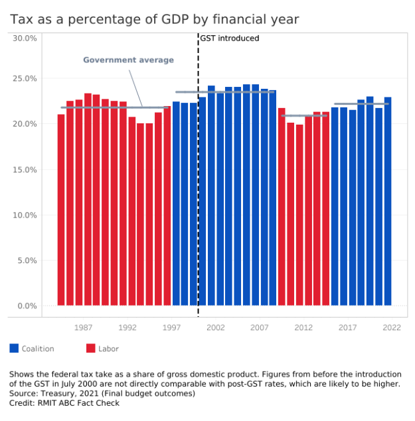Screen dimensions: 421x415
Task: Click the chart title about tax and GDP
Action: pos(154,19)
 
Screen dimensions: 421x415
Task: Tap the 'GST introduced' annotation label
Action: pos(230,38)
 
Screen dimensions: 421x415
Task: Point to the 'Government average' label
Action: pos(128,60)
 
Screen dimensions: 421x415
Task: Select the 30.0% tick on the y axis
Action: pos(25,38)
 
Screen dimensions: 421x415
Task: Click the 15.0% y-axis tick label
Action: pos(25,170)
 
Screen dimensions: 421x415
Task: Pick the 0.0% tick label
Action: pos(27,306)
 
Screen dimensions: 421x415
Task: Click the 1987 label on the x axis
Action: pos(84,328)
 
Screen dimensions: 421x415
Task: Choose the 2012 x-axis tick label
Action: pos(303,328)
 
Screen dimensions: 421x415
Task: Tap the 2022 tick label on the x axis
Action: pos(392,328)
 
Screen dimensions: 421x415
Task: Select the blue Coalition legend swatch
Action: pos(14,348)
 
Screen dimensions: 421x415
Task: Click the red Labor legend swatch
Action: pos(91,348)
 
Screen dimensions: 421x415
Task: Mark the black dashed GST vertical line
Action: pos(198,199)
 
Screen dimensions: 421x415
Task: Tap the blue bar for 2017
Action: pos(343,206)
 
